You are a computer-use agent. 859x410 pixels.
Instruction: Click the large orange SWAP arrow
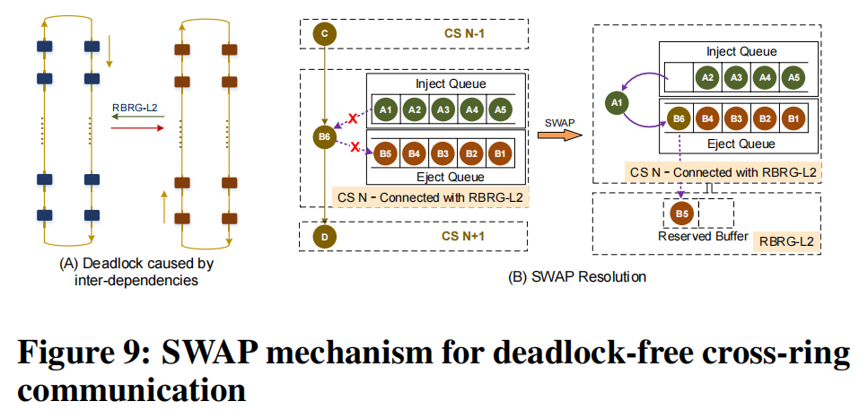[557, 135]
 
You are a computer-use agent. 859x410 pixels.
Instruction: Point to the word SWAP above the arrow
[558, 120]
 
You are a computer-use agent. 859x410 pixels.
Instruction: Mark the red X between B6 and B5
[355, 146]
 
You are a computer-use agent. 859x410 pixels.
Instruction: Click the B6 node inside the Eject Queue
[679, 118]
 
